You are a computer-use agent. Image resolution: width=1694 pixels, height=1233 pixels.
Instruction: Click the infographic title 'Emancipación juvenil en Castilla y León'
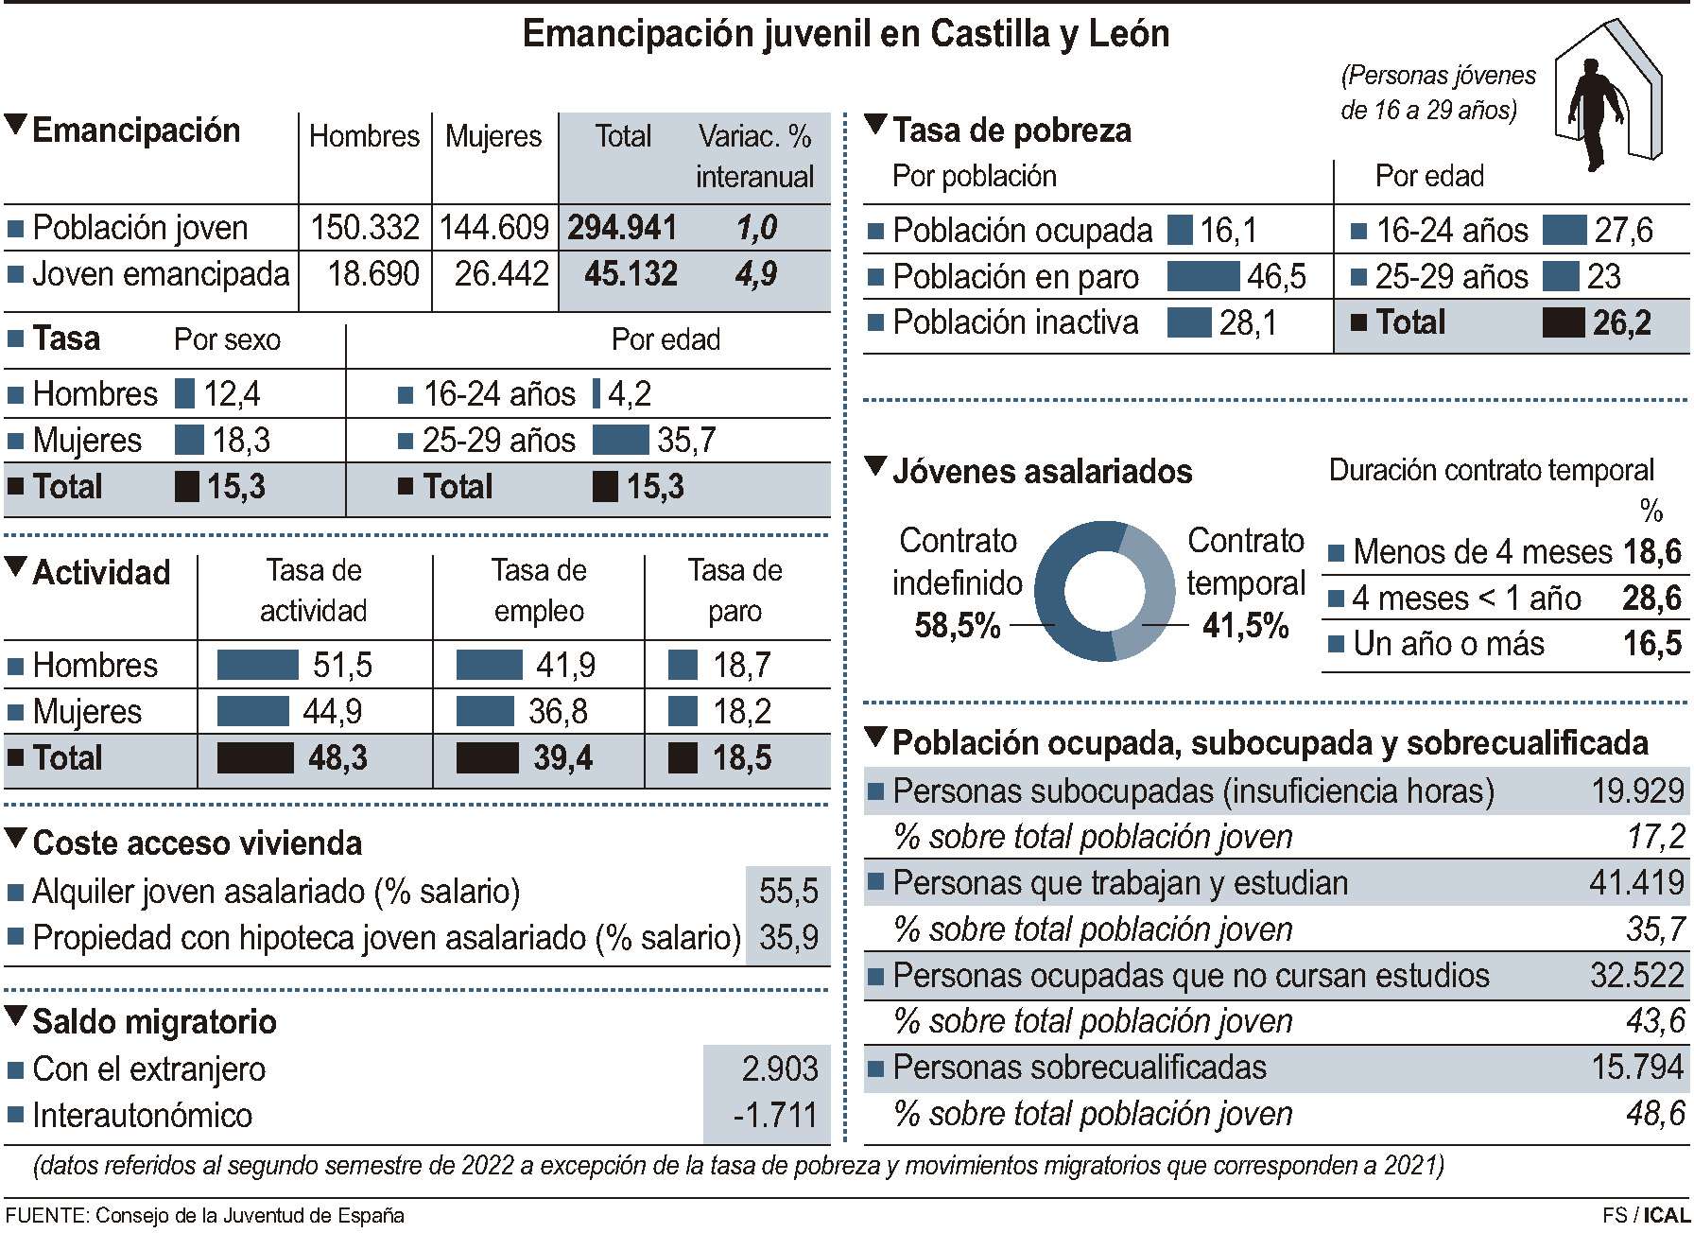pos(845,35)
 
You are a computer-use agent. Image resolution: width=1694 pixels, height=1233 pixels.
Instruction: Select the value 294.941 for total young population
pos(622,228)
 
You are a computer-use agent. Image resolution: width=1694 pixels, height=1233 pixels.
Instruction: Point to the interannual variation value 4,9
pos(755,274)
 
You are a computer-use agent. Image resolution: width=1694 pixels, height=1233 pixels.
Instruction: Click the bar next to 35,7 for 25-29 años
pos(620,441)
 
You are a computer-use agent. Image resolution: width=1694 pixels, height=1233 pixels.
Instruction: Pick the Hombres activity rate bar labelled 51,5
pos(257,665)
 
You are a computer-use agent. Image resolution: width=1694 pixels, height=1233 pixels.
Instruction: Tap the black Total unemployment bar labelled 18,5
pos(683,758)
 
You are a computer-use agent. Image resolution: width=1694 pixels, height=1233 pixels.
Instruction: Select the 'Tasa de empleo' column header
pos(539,590)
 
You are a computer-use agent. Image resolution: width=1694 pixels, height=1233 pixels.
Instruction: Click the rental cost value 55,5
pos(788,891)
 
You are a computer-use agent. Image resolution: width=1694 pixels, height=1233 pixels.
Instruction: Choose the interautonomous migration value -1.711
pos(775,1116)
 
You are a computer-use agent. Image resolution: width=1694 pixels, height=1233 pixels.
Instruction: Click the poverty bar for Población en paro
pos(1202,277)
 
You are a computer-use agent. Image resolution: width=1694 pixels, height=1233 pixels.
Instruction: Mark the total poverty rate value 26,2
pos(1621,323)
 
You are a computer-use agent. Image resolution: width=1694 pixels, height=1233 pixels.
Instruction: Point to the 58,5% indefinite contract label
pos(957,626)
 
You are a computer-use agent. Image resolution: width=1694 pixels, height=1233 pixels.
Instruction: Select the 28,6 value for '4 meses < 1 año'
pos(1651,599)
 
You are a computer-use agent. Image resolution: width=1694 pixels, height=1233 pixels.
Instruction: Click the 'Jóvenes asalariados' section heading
pos(1042,471)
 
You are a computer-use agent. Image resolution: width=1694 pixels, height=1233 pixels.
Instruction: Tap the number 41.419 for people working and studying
pos(1636,883)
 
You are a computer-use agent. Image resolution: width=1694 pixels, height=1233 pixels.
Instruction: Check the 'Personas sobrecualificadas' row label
pos(1079,1068)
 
